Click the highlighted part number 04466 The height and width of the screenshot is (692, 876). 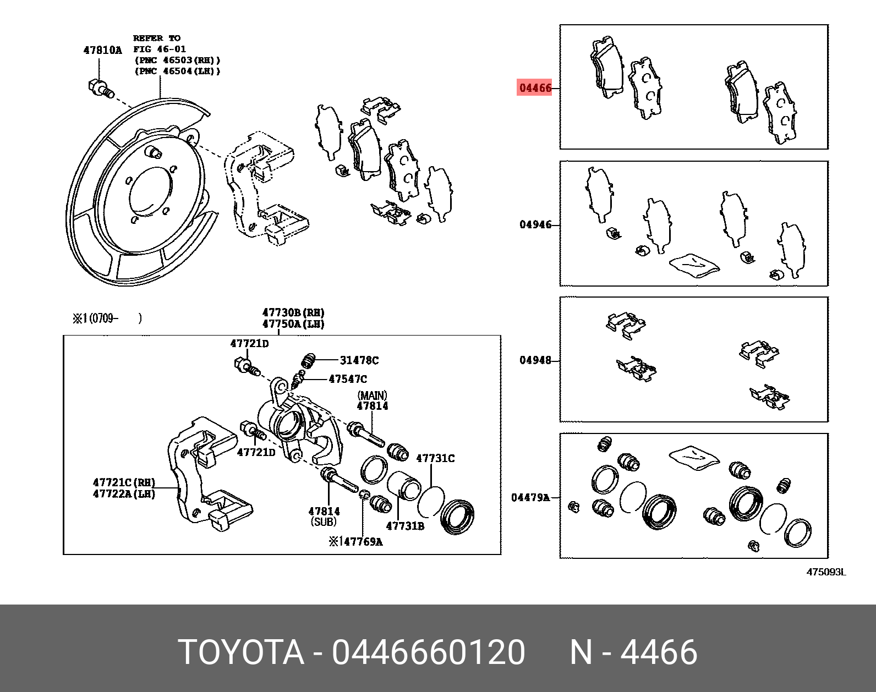click(535, 87)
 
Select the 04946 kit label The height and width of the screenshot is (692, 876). click(535, 224)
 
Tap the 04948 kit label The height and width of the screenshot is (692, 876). click(535, 360)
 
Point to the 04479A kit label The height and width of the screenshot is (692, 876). click(530, 497)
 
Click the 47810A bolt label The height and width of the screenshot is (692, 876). click(102, 50)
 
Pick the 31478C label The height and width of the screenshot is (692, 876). click(359, 360)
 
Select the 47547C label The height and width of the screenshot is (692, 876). click(347, 379)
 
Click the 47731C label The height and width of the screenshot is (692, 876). click(435, 458)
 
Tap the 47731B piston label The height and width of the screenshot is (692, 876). click(405, 526)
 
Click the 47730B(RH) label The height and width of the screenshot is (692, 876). click(293, 313)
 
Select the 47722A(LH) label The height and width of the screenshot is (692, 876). click(124, 494)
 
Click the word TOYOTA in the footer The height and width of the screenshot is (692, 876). click(241, 652)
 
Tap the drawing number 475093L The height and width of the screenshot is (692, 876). click(826, 572)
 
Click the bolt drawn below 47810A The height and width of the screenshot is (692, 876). click(100, 89)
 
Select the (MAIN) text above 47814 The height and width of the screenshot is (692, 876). click(372, 396)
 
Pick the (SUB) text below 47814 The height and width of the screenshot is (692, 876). click(324, 521)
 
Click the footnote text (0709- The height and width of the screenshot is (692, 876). click(103, 318)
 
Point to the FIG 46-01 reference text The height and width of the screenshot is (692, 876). click(160, 49)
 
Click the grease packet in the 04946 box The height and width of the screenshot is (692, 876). click(694, 264)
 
